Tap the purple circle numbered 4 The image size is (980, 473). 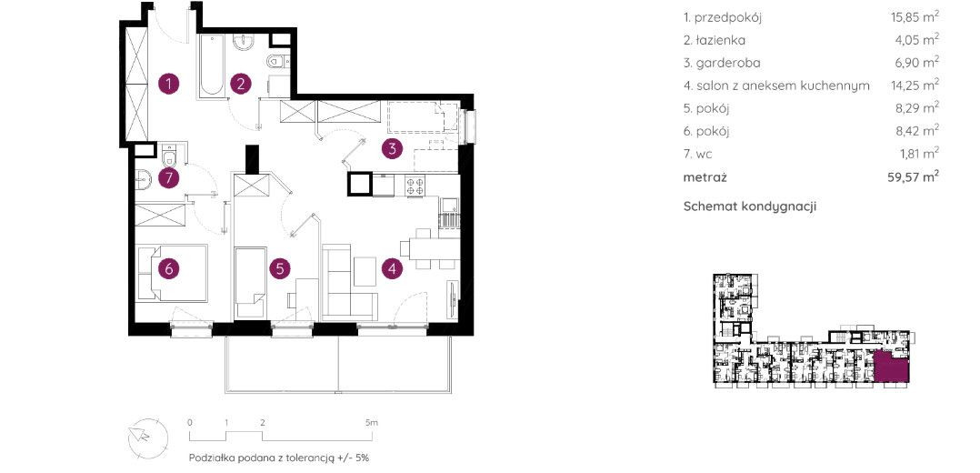click(x=392, y=268)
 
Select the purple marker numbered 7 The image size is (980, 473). click(x=169, y=178)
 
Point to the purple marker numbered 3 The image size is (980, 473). click(x=392, y=149)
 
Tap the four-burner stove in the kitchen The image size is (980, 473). click(x=415, y=186)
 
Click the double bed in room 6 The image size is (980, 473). click(x=171, y=273)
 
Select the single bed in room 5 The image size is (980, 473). click(x=251, y=282)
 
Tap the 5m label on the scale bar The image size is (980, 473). click(x=372, y=422)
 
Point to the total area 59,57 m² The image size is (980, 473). click(x=914, y=177)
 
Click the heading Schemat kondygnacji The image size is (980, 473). click(x=750, y=206)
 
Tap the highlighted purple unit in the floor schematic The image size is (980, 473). click(x=891, y=367)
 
